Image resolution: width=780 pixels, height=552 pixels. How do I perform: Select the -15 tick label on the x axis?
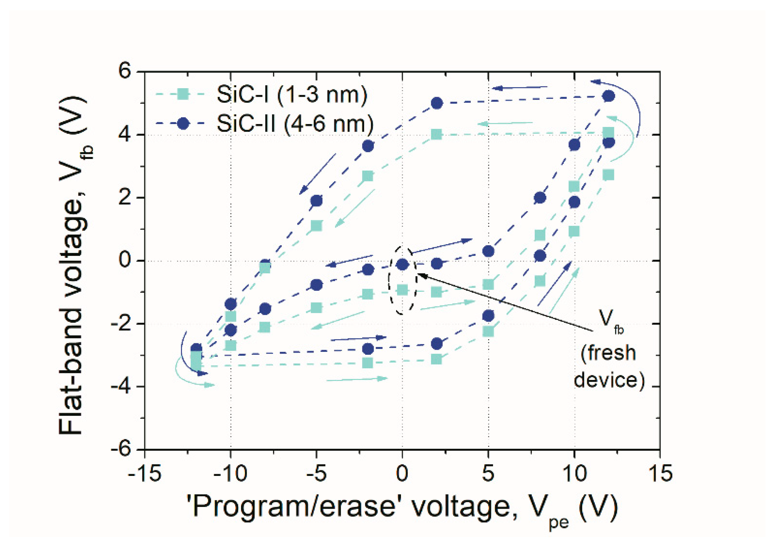(144, 473)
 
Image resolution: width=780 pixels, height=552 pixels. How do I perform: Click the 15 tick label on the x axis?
(660, 473)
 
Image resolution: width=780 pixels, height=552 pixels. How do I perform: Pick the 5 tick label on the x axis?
(488, 473)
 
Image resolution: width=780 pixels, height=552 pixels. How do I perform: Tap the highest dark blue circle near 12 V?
(609, 96)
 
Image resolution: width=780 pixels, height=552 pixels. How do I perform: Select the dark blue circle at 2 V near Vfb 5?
(437, 103)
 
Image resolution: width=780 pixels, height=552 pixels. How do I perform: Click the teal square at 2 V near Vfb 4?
(436, 134)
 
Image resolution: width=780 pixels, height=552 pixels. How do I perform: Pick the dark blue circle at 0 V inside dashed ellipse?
(402, 264)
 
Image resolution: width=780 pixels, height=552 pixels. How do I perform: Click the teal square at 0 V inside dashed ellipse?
(402, 290)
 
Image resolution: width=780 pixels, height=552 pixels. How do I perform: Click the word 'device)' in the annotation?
(609, 380)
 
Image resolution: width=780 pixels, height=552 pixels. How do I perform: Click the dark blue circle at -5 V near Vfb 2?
(316, 201)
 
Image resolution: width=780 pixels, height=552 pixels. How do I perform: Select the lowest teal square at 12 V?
(608, 175)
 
